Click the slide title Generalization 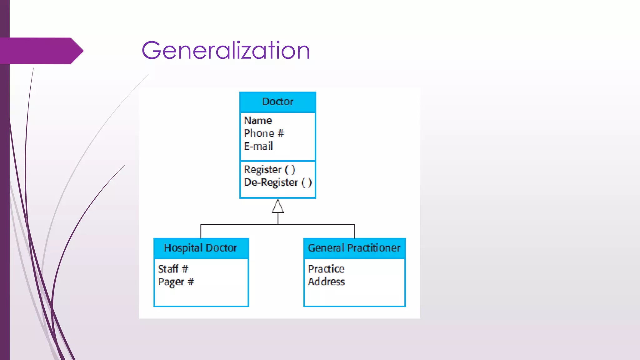click(226, 51)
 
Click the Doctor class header click(277, 102)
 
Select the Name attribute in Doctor click(258, 121)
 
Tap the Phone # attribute click(264, 133)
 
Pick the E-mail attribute click(258, 146)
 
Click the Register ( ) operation click(269, 170)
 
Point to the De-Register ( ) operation click(277, 182)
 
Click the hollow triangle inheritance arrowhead click(278, 207)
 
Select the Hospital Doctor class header click(201, 248)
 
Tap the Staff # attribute click(173, 269)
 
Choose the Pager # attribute click(176, 282)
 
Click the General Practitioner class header click(354, 248)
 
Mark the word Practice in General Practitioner click(326, 269)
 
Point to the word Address click(326, 282)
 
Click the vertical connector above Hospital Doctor click(201, 232)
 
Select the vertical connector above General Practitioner click(354, 232)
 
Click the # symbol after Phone click(281, 133)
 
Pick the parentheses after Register click(290, 170)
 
